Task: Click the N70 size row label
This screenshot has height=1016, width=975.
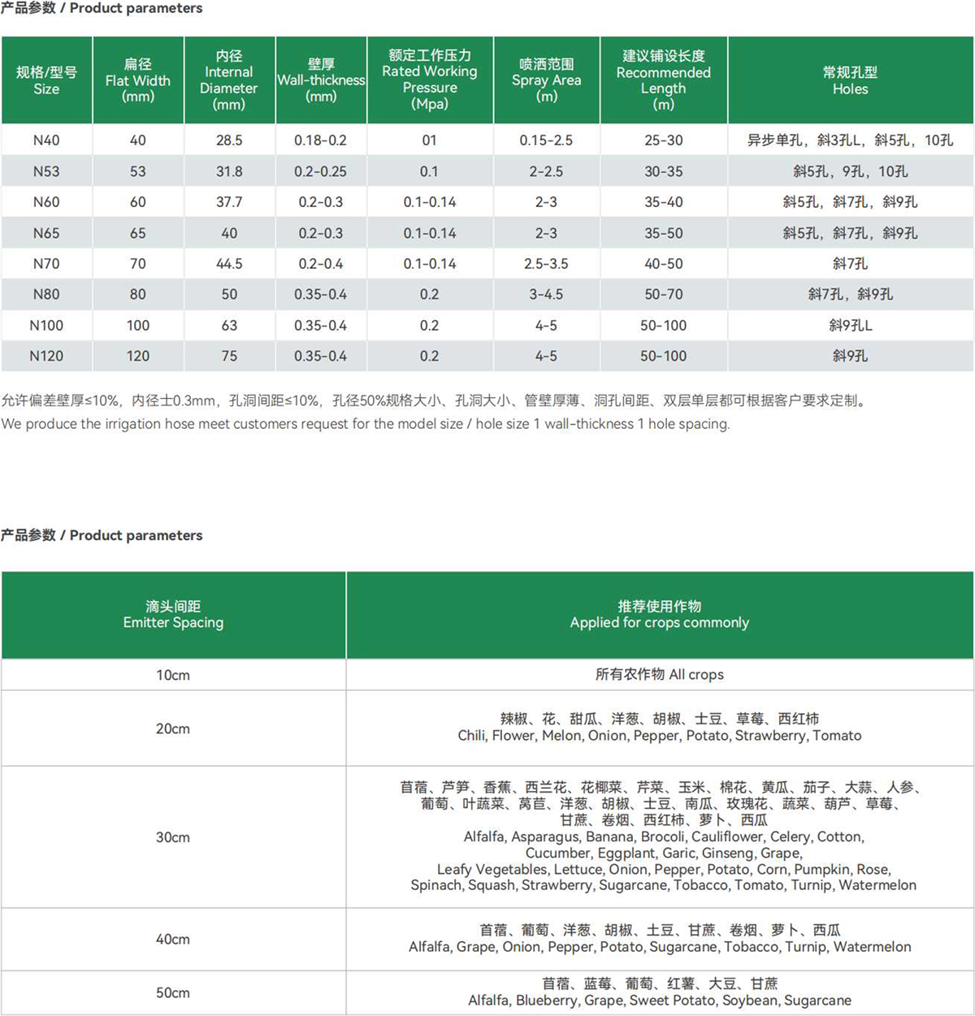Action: pos(46,264)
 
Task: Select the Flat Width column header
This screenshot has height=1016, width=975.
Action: pos(138,80)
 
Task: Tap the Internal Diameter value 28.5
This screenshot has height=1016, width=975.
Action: pos(229,141)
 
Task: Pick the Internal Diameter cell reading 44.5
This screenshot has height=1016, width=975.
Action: pos(229,264)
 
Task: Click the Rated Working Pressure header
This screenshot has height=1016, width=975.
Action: pos(430,80)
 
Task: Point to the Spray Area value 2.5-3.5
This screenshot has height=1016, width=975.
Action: pos(546,264)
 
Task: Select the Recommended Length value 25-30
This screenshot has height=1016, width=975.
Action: pos(663,141)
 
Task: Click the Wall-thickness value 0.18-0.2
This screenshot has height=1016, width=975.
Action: pos(320,141)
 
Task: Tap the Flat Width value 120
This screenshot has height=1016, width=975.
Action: pos(138,356)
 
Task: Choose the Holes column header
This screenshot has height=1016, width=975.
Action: pos(850,80)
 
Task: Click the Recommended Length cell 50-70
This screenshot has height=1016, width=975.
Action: pos(663,294)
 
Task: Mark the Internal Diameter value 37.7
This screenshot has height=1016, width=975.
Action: pos(229,202)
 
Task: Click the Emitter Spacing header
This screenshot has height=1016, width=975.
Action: pos(173,615)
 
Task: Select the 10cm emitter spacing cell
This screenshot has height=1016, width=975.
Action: pos(173,675)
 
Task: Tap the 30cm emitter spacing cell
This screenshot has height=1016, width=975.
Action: pos(173,837)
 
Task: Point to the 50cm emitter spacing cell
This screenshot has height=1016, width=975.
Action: pos(173,992)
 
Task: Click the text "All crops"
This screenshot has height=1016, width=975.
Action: pos(696,675)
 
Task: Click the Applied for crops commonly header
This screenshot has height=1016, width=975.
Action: pos(659,615)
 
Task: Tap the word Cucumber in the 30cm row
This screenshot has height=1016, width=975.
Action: pos(558,853)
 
